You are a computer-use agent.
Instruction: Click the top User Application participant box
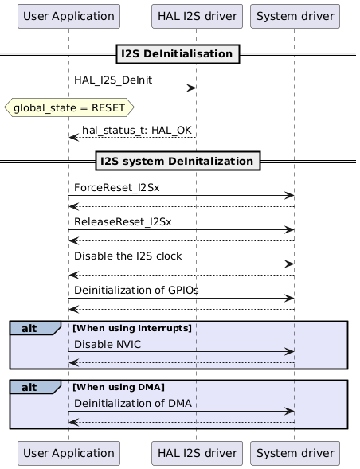tap(68, 15)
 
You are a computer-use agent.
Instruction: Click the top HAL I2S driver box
tap(196, 15)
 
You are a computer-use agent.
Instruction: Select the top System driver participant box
tap(295, 15)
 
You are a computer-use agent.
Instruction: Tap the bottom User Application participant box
tap(68, 453)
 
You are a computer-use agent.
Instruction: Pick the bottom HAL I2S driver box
tap(196, 453)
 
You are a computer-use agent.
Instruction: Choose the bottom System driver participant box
tap(295, 453)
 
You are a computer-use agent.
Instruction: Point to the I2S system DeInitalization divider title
tap(179, 162)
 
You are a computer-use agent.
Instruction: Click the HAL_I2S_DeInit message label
tap(113, 80)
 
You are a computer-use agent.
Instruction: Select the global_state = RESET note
tap(68, 107)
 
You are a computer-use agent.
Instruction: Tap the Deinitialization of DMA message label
tap(133, 403)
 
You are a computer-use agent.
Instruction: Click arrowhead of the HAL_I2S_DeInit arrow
tap(192, 88)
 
